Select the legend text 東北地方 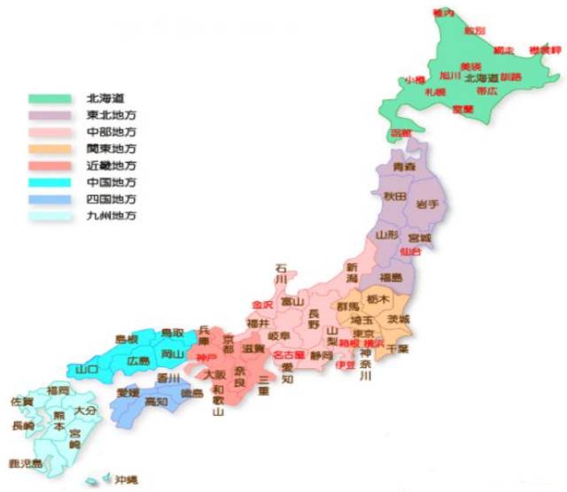[112, 115]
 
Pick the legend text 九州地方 [112, 216]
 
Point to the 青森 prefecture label [404, 166]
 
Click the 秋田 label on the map [394, 196]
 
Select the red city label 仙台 [411, 252]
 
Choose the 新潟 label [352, 273]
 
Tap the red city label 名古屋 [289, 355]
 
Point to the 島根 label [128, 339]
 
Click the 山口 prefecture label [87, 369]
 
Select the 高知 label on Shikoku [156, 402]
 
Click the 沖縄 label [126, 479]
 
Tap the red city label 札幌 [435, 91]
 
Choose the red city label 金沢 [262, 305]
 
